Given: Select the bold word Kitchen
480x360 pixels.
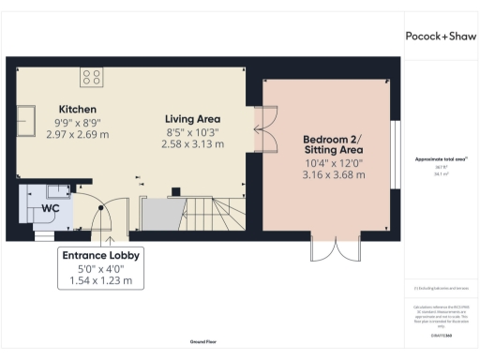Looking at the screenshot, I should click(77, 109).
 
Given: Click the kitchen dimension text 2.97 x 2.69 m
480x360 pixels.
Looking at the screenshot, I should click(77, 134).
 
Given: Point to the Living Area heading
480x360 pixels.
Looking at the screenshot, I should click(193, 118).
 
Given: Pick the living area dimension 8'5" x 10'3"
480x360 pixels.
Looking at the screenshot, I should click(193, 131).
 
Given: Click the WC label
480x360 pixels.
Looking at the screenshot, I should click(49, 209).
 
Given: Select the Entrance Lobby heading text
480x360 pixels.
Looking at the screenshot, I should click(101, 255).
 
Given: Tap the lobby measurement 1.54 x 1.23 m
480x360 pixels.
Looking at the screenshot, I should click(101, 280).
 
